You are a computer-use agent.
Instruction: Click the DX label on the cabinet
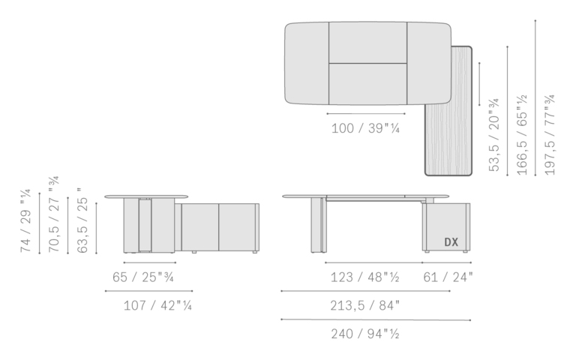pos(451,242)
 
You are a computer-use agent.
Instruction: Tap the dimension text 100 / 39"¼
pos(365,128)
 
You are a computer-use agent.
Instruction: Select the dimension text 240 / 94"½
pos(365,334)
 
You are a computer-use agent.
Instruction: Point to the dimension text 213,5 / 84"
pos(364,305)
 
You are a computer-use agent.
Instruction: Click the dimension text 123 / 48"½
pos(364,277)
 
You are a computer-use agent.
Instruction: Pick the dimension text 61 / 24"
pos(448,277)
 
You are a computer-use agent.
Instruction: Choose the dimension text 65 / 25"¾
pos(143,277)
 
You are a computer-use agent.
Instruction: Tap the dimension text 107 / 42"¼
pos(157,305)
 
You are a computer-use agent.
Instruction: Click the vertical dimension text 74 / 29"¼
pos(25,221)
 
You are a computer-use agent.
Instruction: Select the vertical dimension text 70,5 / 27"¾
pos(54,214)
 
